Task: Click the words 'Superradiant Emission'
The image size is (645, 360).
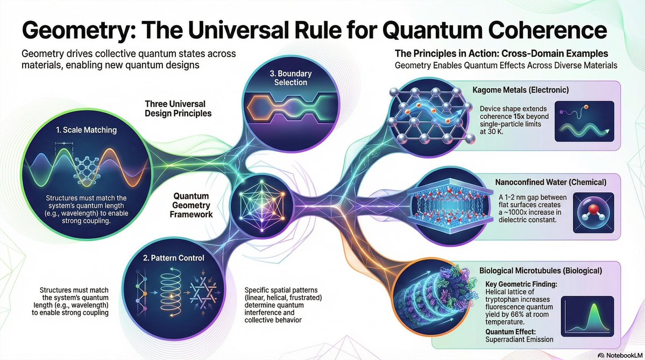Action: (521, 339)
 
